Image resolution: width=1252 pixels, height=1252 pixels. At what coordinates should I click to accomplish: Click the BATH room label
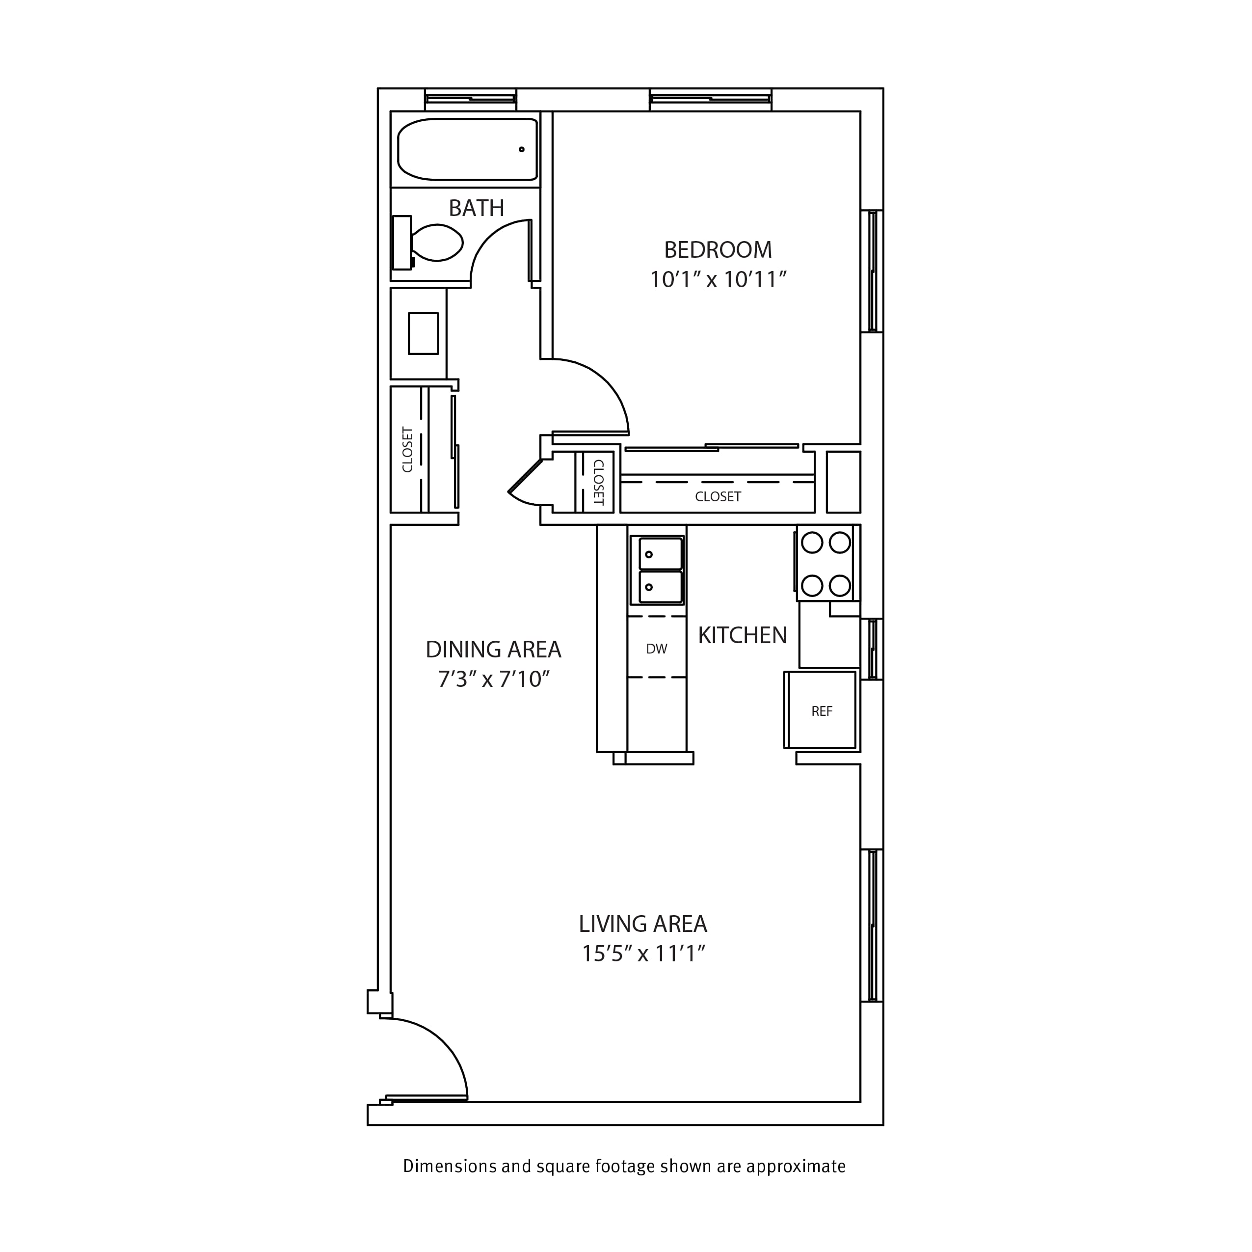[x=476, y=208]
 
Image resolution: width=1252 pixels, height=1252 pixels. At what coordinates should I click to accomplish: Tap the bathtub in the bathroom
[x=467, y=149]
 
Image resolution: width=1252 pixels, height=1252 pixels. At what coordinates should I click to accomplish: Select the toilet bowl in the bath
[x=437, y=243]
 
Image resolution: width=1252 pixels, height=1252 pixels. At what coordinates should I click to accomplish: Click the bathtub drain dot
[x=521, y=150]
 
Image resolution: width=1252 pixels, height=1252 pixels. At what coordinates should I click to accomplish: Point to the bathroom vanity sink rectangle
[x=423, y=333]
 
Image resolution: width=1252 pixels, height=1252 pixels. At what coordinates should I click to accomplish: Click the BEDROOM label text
[x=718, y=249]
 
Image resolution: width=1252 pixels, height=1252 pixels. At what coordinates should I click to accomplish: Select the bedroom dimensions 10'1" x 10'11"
[x=718, y=279]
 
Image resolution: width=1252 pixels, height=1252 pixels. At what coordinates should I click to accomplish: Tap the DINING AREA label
[x=493, y=649]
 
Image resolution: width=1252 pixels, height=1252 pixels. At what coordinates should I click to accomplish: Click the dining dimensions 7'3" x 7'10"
[x=494, y=679]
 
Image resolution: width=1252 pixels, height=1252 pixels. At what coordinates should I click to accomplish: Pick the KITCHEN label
[x=742, y=635]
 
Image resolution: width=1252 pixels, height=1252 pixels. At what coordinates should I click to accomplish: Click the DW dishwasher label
[x=657, y=649]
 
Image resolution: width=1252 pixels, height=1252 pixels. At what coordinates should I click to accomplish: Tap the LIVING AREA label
[x=643, y=923]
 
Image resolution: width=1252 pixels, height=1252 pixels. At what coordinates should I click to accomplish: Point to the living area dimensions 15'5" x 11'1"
[x=643, y=954]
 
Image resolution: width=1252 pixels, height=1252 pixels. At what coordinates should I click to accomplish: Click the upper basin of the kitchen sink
[x=661, y=554]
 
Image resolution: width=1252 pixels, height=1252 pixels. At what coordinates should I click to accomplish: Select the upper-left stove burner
[x=812, y=542]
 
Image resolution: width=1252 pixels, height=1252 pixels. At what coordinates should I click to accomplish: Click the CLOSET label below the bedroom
[x=718, y=497]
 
